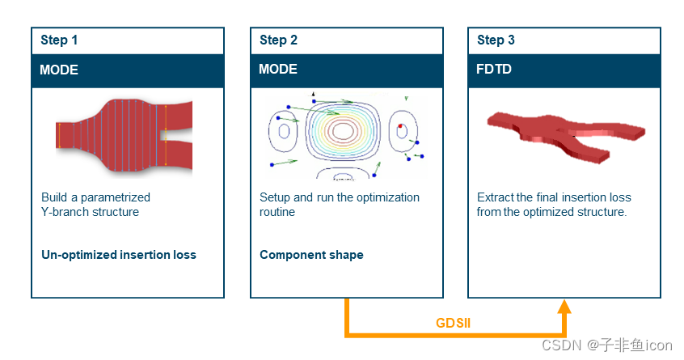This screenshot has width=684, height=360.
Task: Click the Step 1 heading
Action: coord(59,40)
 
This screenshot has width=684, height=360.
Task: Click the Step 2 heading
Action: coord(278,40)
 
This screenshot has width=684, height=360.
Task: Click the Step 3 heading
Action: coord(496,40)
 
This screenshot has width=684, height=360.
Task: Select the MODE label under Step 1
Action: coord(59,70)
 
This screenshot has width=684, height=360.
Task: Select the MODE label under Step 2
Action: coord(278,70)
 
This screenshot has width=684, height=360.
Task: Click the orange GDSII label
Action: coord(453,323)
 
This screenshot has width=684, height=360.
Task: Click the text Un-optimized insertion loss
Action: coord(119,255)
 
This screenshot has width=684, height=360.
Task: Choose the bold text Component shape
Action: coord(311,255)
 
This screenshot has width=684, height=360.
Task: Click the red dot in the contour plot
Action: coord(399,126)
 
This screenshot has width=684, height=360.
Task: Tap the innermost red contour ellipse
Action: coord(342,130)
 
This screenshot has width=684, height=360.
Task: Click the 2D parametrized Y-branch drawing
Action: coord(124,133)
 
